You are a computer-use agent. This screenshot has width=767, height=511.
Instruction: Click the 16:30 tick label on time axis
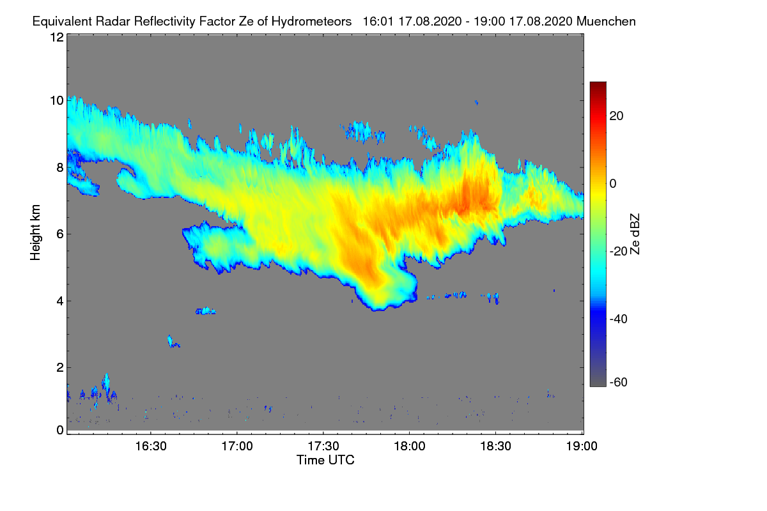click(150, 446)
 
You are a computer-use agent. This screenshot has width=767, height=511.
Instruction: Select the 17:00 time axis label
click(236, 446)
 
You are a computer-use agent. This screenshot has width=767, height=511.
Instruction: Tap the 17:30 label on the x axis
click(323, 446)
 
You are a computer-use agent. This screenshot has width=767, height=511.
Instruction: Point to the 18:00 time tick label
click(409, 446)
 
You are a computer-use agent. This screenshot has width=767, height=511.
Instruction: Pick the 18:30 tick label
click(495, 446)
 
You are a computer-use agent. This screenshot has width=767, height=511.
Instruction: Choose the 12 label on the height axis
click(56, 37)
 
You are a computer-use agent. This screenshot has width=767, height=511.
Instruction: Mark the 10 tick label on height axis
click(56, 100)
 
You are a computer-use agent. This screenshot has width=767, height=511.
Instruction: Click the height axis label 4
click(60, 301)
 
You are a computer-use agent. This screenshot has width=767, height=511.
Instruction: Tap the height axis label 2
click(60, 367)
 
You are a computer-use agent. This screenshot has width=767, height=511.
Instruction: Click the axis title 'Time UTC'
click(325, 460)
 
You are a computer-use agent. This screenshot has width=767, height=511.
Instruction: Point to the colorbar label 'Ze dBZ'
click(635, 234)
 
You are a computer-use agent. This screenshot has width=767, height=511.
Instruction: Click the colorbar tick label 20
click(617, 116)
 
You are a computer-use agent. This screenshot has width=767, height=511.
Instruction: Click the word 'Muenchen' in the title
click(606, 21)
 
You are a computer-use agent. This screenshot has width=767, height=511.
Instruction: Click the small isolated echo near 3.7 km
click(206, 311)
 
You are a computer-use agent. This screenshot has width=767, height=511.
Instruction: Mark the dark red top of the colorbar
click(598, 86)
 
